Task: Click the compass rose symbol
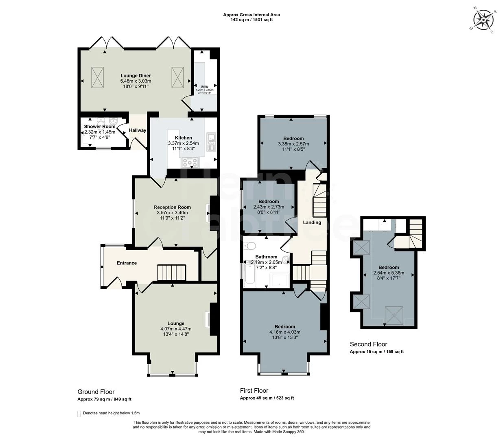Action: (483, 19)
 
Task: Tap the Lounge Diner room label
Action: (136, 75)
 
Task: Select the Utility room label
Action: (204, 87)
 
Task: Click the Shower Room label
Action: (100, 127)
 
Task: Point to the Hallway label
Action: (138, 130)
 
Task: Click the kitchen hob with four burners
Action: (190, 162)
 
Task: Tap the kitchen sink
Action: (211, 141)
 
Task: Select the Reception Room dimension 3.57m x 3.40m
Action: (172, 213)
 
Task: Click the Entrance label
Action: (127, 263)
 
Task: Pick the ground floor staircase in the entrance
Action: (171, 272)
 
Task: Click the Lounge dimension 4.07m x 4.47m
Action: (176, 329)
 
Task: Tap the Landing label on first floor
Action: (312, 222)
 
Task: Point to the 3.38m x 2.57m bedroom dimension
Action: (293, 144)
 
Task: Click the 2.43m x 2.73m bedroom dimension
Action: (269, 207)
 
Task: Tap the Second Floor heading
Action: (368, 344)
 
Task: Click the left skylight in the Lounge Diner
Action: (97, 77)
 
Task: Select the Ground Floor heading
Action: (96, 392)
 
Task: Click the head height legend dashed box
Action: (79, 414)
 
